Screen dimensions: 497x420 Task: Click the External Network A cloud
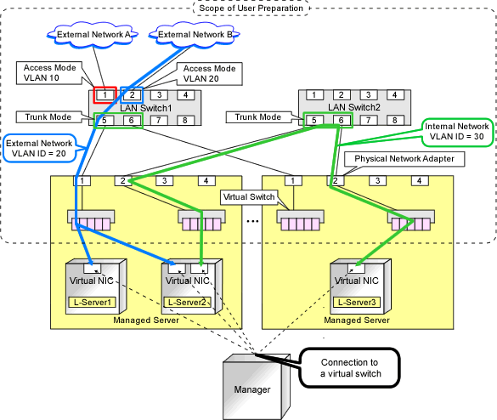point(93,35)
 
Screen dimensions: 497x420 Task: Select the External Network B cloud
point(195,35)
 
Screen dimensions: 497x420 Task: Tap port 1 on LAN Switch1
point(104,94)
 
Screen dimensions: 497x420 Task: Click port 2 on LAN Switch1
point(132,94)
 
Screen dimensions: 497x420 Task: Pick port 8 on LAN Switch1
point(185,120)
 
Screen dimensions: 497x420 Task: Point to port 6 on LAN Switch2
point(342,120)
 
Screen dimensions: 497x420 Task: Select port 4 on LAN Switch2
point(394,94)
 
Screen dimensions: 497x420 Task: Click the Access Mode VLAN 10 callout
point(49,73)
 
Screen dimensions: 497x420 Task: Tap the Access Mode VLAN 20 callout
point(209,74)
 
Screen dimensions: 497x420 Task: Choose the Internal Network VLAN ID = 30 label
point(457,132)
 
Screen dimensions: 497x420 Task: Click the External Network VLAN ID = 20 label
point(39,148)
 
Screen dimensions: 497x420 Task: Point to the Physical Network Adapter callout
point(404,159)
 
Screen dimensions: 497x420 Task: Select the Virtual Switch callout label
point(249,197)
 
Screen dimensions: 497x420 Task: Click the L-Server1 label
point(93,303)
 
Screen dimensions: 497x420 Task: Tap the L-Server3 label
point(357,303)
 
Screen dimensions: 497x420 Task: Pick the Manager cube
point(256,387)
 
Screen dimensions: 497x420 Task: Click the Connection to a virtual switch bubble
point(350,368)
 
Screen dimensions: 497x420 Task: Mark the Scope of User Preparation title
point(251,8)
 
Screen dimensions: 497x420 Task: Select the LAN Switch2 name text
point(354,107)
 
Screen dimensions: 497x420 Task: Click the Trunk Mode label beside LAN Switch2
point(258,117)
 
